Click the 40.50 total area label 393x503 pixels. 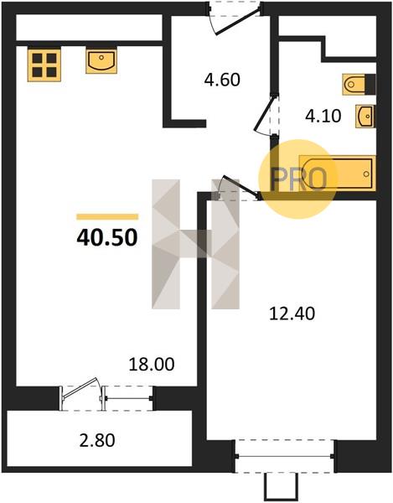[107, 238]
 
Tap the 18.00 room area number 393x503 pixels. [152, 365]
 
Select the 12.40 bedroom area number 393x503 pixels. [292, 314]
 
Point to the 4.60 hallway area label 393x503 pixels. [222, 80]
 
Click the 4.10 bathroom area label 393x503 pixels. [323, 117]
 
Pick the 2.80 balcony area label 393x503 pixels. [97, 440]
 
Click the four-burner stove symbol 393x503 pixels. [44, 65]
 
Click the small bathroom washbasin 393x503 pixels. [365, 117]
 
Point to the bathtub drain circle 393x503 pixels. [366, 174]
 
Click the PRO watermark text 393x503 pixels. [298, 179]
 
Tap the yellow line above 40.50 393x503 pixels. [107, 217]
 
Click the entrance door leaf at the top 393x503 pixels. [237, 21]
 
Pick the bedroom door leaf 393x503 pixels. [241, 185]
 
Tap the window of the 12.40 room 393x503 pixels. [285, 456]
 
